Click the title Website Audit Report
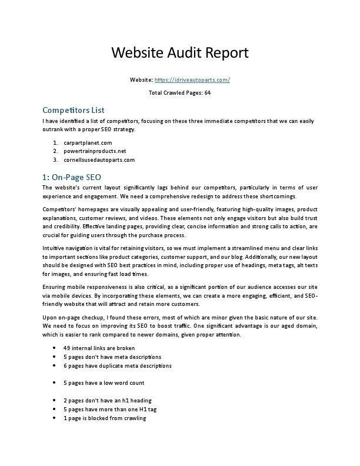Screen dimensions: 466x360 click(x=180, y=52)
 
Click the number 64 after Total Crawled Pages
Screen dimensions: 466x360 click(x=208, y=93)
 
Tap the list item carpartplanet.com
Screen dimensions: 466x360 click(x=88, y=142)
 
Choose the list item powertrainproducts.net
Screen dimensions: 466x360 click(x=95, y=151)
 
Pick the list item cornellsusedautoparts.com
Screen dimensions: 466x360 click(x=99, y=159)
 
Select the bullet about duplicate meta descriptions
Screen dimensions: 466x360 click(x=117, y=365)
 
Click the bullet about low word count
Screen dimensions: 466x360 click(x=104, y=383)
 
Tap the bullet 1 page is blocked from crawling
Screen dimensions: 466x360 click(x=104, y=418)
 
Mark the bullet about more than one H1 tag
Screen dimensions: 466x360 click(x=109, y=410)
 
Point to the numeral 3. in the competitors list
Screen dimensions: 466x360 click(x=55, y=159)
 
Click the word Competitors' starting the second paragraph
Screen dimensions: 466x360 click(x=59, y=209)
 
